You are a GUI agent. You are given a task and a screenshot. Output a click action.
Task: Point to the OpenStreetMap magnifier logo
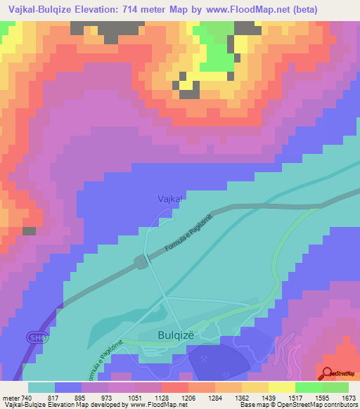tap(328, 373)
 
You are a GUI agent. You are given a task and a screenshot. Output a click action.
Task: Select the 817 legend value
tap(55, 398)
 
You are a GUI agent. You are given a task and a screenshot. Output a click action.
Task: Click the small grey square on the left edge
tap(29, 231)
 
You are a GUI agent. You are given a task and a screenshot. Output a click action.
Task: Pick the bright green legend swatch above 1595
tap(309, 387)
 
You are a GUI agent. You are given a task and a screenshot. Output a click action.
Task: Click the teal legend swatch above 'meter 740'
tap(41, 387)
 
